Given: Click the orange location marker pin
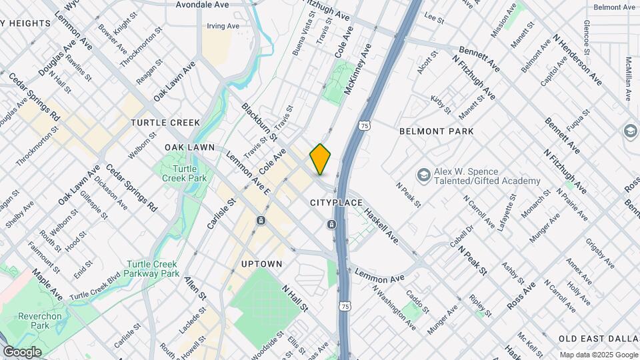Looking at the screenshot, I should [320, 159].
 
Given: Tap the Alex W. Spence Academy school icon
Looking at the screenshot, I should [423, 175].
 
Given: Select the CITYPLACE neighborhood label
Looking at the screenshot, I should [336, 202].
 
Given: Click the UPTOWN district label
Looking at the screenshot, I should [261, 264].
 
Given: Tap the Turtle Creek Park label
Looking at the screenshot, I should [181, 173].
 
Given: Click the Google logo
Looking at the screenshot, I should [22, 351].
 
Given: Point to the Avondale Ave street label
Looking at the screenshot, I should [202, 5].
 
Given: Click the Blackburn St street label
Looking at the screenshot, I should [259, 122].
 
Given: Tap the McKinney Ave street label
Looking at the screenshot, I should [357, 69].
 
